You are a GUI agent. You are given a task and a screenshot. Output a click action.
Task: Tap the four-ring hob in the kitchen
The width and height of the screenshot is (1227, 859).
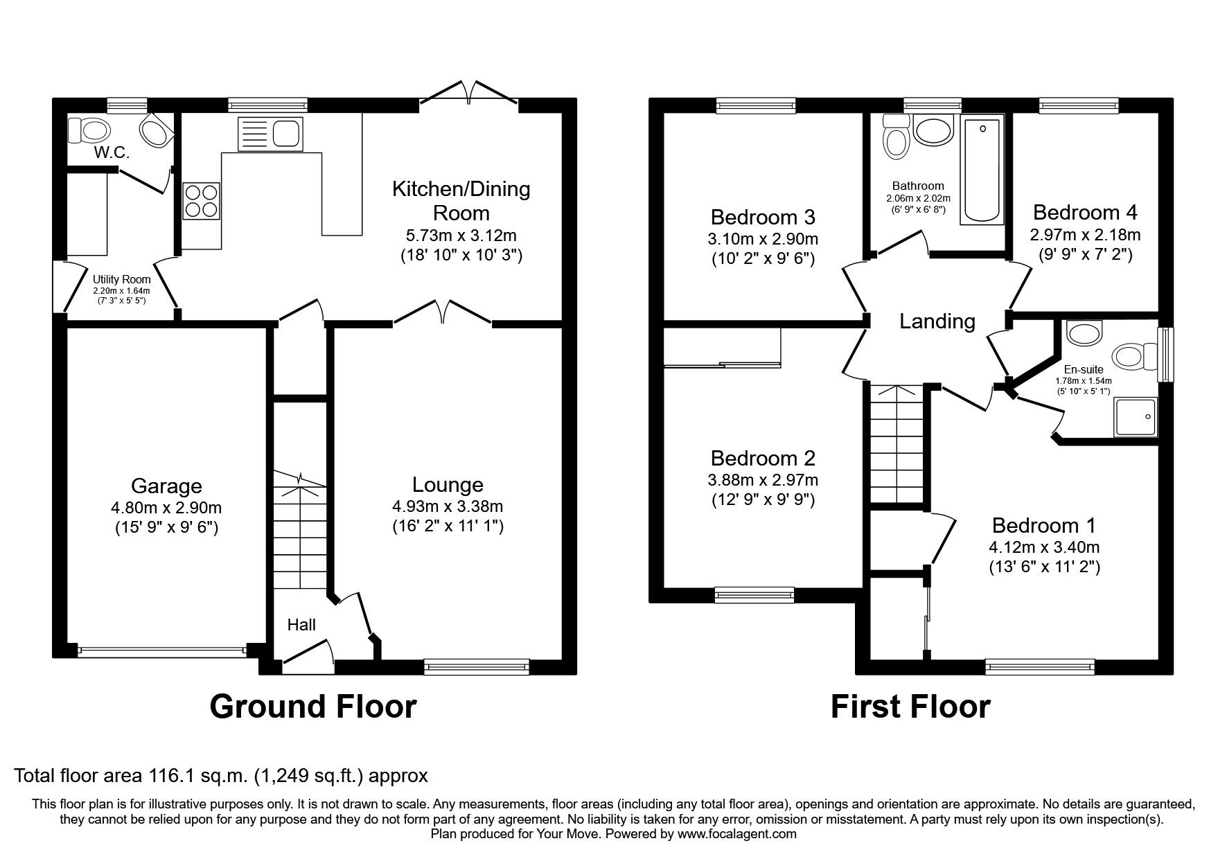(x=201, y=200)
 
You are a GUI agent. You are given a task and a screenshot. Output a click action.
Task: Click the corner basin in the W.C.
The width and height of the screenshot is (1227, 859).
(x=157, y=130)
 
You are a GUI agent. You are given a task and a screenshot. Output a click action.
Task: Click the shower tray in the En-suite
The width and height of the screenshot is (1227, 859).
(x=1135, y=417)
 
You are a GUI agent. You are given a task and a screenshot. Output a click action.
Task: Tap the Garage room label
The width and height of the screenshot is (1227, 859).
(x=166, y=486)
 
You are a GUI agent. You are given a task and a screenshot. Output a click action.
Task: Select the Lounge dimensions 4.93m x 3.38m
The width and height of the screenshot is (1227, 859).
(x=447, y=506)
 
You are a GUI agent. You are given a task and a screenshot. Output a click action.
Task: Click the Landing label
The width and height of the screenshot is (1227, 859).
(x=937, y=321)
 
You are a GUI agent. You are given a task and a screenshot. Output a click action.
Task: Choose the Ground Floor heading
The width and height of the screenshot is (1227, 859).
(x=312, y=707)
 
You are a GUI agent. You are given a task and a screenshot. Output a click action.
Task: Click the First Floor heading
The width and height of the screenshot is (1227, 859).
(x=910, y=707)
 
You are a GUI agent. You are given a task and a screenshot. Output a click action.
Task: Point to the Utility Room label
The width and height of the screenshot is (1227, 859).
(x=122, y=280)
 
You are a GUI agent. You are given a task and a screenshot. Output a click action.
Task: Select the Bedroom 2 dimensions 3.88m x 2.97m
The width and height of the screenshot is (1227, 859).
(x=763, y=479)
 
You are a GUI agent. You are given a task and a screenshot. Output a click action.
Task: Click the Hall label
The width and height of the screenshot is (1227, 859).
(x=301, y=625)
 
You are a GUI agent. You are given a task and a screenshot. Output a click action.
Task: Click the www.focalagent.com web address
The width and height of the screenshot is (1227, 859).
(x=737, y=834)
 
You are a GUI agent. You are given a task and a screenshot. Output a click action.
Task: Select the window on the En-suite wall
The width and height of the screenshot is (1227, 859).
(x=1166, y=354)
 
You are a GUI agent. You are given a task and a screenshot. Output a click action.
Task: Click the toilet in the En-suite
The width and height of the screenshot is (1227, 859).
(x=1130, y=357)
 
